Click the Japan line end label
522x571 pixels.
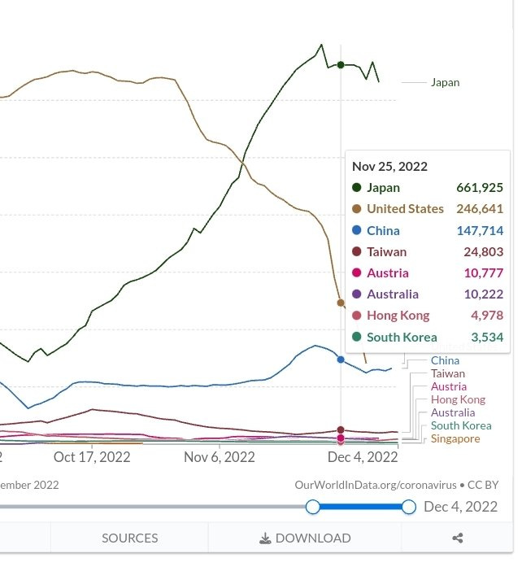tap(445, 82)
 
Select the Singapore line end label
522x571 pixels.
tap(455, 438)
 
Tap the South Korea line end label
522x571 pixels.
tap(461, 425)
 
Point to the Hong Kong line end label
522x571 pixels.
tap(458, 399)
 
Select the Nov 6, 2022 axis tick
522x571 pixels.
tap(220, 457)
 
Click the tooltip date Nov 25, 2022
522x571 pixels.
tap(389, 166)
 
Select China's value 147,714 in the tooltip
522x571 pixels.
tap(480, 230)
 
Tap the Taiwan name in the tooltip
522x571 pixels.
tap(386, 252)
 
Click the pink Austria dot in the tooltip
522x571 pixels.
tap(357, 273)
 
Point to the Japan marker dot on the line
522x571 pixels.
tap(341, 65)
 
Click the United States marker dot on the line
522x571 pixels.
tap(341, 303)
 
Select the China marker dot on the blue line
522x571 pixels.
tap(341, 359)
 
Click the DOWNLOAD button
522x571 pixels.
tap(305, 538)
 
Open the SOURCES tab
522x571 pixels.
tap(129, 538)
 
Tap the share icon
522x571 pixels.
tap(458, 538)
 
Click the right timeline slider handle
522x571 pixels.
tap(409, 507)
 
